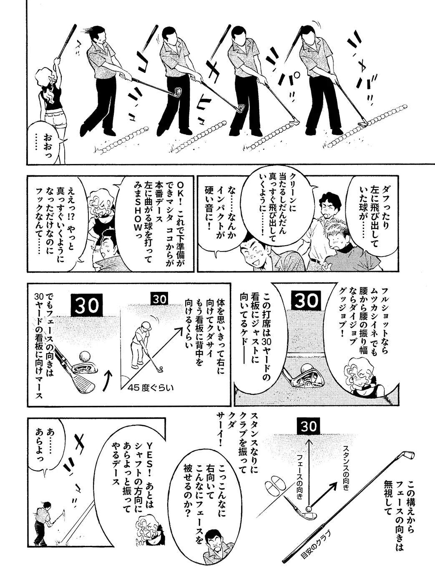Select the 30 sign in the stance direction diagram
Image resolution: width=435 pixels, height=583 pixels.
309,427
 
